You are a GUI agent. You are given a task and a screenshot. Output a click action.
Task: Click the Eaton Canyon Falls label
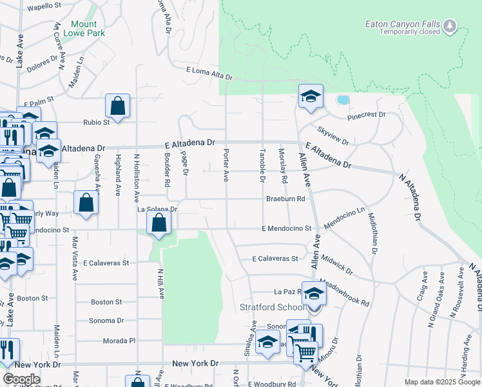click(x=403, y=24)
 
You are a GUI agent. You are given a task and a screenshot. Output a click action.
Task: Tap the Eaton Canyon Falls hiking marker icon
click(x=450, y=26)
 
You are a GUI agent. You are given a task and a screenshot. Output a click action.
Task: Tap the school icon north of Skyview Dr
click(x=311, y=97)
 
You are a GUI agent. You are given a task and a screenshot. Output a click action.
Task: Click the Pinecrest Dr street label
click(x=366, y=115)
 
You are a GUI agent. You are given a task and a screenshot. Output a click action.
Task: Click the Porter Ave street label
click(x=226, y=165)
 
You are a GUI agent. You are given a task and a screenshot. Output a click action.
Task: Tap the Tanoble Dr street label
click(x=262, y=165)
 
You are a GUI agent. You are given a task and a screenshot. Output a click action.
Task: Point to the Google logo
click(x=21, y=379)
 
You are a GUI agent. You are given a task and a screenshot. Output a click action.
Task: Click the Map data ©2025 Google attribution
click(x=442, y=382)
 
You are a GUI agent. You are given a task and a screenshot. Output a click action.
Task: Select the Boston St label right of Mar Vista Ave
click(x=106, y=301)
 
